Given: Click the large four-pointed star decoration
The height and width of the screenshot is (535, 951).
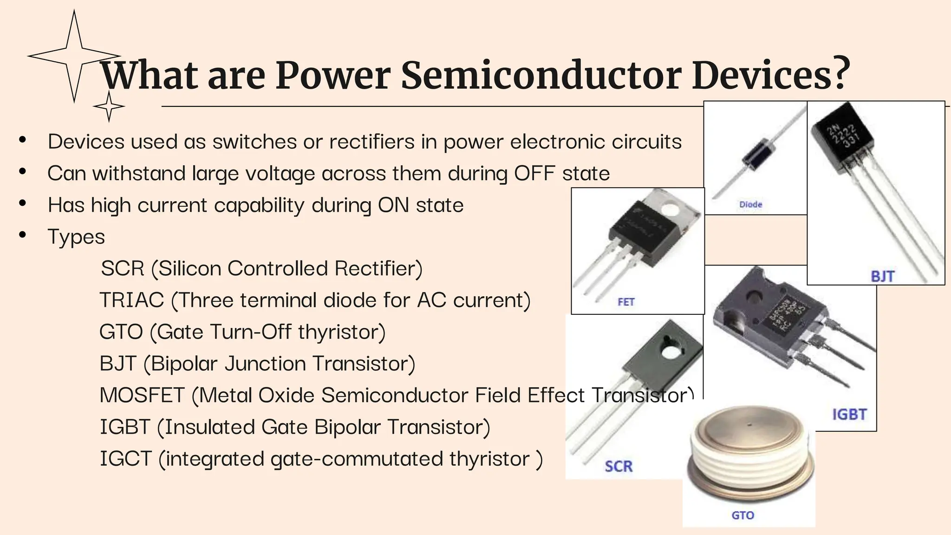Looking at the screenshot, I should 74,56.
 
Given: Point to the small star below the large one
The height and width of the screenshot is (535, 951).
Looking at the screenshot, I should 109,106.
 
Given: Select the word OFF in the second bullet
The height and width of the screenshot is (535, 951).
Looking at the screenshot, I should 534,173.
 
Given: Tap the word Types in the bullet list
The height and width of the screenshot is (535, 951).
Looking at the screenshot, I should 76,237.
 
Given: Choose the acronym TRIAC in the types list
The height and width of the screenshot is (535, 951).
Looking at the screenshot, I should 132,300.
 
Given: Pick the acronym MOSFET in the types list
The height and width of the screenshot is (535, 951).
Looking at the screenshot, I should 142,395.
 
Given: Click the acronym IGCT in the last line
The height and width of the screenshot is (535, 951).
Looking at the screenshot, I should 126,459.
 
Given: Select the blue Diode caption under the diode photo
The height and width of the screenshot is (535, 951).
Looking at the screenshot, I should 750,204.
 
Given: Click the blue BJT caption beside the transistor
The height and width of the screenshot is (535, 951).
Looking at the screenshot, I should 882,276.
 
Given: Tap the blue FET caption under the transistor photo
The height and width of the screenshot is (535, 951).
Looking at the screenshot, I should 626,302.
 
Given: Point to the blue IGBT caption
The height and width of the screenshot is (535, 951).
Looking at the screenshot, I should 849,414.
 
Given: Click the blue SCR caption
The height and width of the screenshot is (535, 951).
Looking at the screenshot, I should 619,466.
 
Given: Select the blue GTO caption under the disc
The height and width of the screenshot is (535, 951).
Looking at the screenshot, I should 743,515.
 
